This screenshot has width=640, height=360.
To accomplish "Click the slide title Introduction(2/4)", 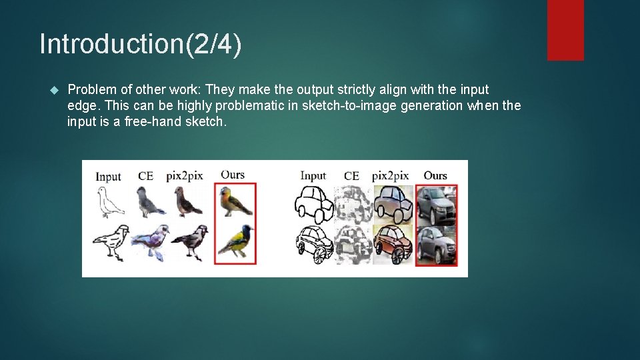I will (141, 44).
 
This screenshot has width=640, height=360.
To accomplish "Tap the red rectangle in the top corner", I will (565, 30).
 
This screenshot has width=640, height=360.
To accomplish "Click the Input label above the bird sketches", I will (108, 177).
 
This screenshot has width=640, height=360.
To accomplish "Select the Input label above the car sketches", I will (313, 175).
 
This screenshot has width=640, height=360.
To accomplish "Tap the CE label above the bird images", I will (145, 177).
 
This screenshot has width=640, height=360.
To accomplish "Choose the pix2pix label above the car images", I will (390, 176).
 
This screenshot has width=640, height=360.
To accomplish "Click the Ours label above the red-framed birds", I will (233, 175).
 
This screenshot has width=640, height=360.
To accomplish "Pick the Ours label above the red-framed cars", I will (435, 175).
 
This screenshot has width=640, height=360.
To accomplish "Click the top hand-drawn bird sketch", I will (109, 201).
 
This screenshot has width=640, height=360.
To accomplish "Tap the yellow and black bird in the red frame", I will (235, 242).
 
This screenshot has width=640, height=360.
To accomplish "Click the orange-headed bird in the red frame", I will (235, 201).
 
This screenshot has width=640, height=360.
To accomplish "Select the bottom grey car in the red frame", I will (436, 244).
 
